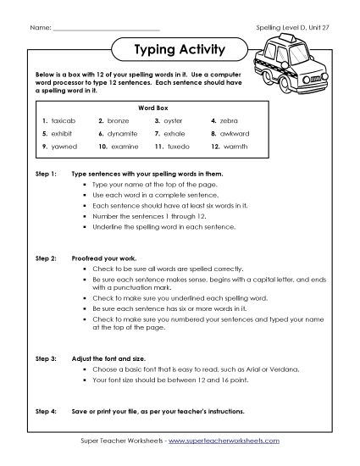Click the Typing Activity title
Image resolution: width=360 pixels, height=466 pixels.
tap(180, 49)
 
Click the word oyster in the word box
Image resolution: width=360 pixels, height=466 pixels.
tap(178, 121)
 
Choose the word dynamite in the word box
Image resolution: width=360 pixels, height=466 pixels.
tap(125, 134)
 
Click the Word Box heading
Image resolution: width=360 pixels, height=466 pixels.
tap(150, 108)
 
